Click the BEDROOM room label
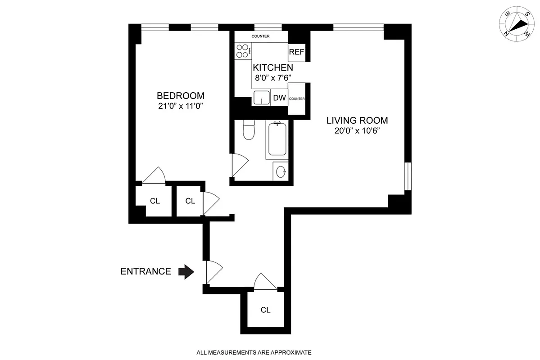coord(180,96)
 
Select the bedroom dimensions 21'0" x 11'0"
coord(180,107)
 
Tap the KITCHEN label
coord(273,67)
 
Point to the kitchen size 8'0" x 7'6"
coord(273,77)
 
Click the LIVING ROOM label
coord(357,121)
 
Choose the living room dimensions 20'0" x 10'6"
coord(357,131)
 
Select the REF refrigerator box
coord(297,52)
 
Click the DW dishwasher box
coord(279,98)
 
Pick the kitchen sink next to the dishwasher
coord(261,98)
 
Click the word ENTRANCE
coord(145,271)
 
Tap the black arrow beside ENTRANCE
coord(186,271)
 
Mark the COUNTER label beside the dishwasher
coord(297,99)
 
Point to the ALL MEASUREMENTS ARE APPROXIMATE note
coord(254,352)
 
